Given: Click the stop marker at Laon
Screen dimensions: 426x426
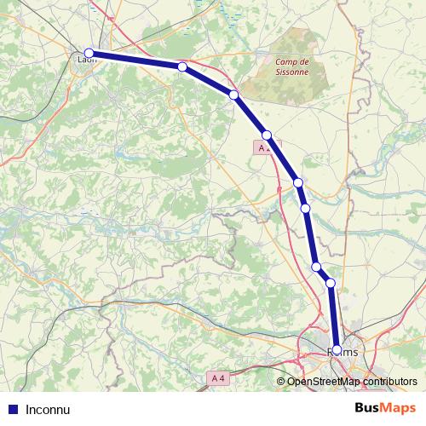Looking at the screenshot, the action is (x=89, y=53).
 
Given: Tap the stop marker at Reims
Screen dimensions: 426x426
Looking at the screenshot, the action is (x=337, y=349).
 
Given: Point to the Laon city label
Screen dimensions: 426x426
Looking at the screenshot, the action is (x=87, y=60).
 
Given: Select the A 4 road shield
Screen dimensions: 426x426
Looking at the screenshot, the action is (x=218, y=377).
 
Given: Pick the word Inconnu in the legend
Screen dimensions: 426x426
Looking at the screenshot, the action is (x=48, y=409).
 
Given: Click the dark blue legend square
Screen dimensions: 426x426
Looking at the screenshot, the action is (x=13, y=409).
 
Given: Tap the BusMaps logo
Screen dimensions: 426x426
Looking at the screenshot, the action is (x=386, y=408).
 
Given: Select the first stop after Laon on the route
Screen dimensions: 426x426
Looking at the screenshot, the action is (x=182, y=66).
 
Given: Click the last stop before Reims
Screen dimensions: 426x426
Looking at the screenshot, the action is (x=331, y=282).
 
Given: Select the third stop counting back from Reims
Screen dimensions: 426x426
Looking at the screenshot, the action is (x=317, y=267).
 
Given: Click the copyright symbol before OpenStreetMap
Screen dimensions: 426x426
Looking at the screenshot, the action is (x=281, y=382).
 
